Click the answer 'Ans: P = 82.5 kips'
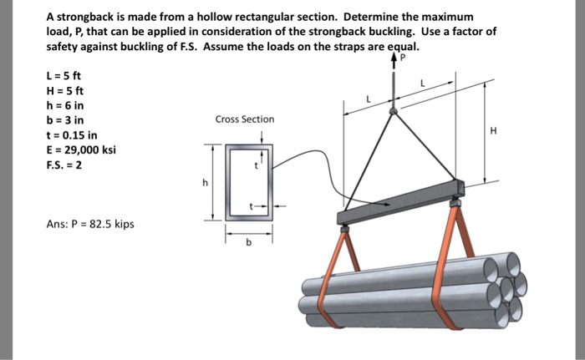click(x=89, y=224)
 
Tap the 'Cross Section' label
click(x=244, y=119)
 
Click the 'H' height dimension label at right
click(x=494, y=130)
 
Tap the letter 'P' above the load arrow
click(x=402, y=59)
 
